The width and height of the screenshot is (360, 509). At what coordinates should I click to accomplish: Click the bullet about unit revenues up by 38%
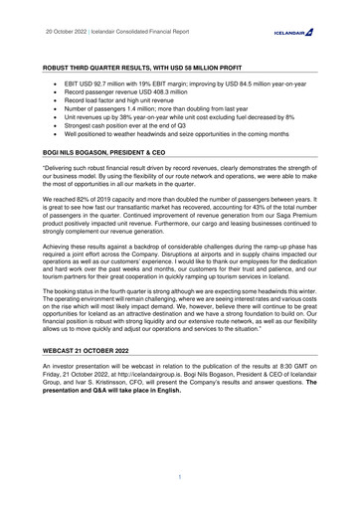click(x=185, y=134)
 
